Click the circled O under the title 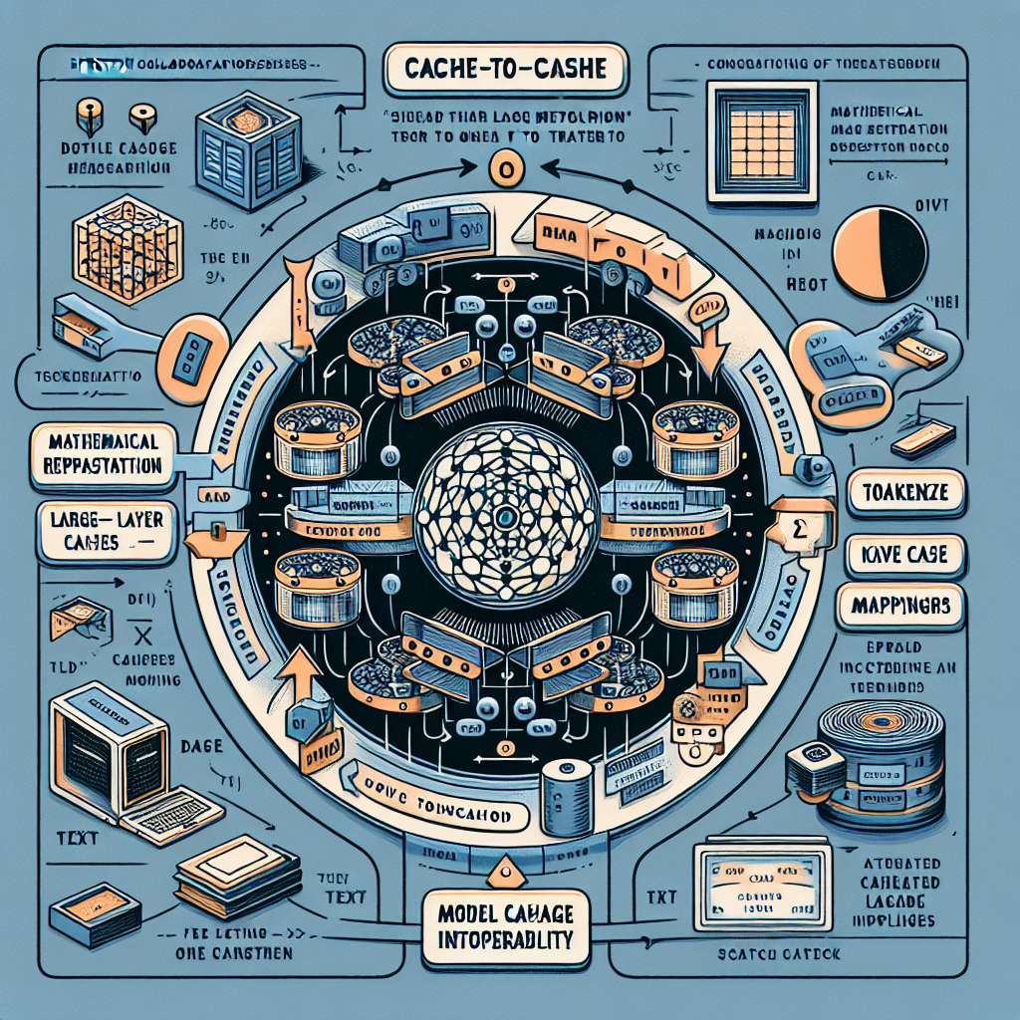click(x=505, y=169)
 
